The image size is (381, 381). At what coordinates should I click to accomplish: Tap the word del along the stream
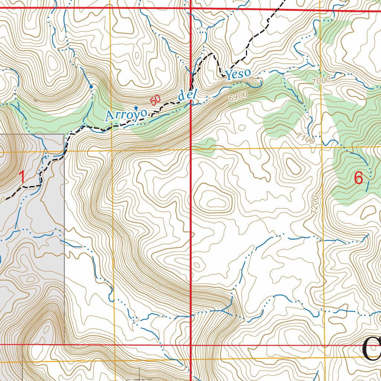pyautogui.click(x=187, y=95)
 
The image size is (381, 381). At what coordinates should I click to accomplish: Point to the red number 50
pyautogui.click(x=156, y=100)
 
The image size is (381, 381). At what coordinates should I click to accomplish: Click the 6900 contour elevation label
pyautogui.click(x=238, y=97)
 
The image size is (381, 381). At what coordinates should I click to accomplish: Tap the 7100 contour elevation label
pyautogui.click(x=306, y=139)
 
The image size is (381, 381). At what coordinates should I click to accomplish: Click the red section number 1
pyautogui.click(x=22, y=177)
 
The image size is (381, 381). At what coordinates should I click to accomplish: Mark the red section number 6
pyautogui.click(x=358, y=178)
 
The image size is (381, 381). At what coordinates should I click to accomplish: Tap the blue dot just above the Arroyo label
pyautogui.click(x=136, y=108)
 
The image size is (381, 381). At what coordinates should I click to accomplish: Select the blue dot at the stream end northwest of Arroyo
pyautogui.click(x=91, y=87)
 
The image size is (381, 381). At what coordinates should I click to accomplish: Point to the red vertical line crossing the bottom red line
pyautogui.click(x=191, y=345)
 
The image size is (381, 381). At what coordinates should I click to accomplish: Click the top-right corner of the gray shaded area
pyautogui.click(x=64, y=134)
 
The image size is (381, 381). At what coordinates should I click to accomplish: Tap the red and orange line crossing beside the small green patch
pyautogui.click(x=191, y=149)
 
